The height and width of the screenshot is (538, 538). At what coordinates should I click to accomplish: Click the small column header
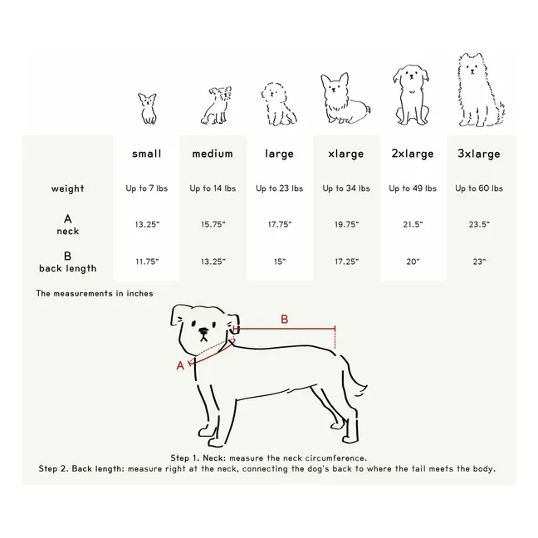(146, 154)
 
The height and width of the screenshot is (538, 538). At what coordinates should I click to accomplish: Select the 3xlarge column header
(479, 154)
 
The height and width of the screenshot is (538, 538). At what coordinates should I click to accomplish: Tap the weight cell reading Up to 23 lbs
(279, 188)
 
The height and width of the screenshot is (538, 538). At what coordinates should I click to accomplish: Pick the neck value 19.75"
(346, 224)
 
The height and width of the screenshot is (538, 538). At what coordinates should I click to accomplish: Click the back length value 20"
(413, 262)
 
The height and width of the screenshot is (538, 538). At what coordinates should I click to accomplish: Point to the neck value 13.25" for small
(147, 224)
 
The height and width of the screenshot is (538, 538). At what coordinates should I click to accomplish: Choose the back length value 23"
(479, 262)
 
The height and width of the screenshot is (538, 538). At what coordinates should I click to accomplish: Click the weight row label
(67, 188)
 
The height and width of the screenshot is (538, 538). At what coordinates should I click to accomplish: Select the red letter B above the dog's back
(285, 320)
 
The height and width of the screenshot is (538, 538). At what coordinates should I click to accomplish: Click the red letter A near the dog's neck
(180, 366)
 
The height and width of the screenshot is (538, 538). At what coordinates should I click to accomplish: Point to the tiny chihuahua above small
(148, 109)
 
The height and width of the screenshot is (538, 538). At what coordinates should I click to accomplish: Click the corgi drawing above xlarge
(345, 98)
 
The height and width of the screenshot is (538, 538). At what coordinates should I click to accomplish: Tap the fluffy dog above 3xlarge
(481, 90)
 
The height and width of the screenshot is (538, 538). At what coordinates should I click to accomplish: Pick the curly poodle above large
(279, 104)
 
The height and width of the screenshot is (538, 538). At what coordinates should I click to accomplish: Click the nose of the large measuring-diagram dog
(203, 331)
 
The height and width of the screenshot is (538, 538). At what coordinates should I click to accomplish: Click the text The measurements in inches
(95, 293)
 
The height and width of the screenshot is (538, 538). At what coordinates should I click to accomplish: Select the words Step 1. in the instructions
(184, 458)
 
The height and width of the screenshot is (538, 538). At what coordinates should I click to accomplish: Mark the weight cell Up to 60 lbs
(479, 188)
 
